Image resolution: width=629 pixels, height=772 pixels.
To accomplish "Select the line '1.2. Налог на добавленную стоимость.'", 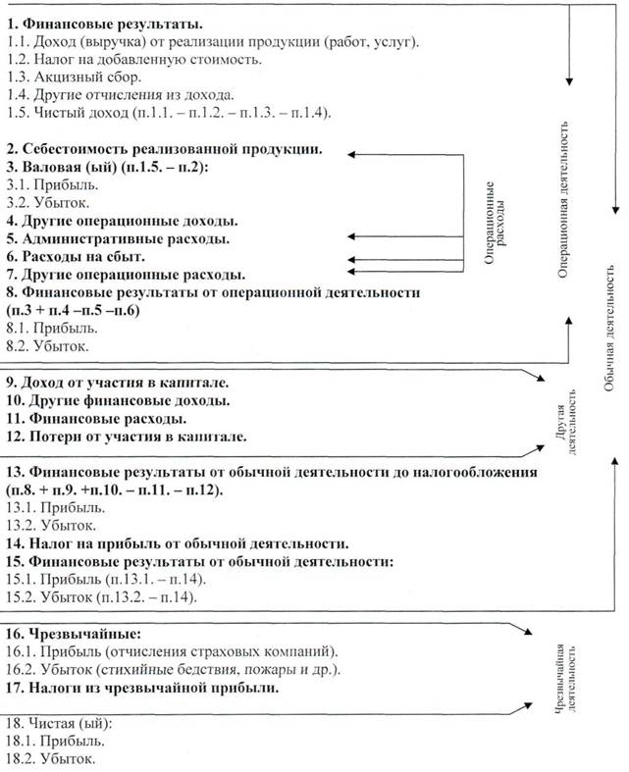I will click(x=133, y=60).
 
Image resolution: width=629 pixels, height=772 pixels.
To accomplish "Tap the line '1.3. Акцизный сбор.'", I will click(x=74, y=77).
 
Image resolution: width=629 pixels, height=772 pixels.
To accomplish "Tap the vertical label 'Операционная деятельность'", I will click(x=563, y=202).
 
